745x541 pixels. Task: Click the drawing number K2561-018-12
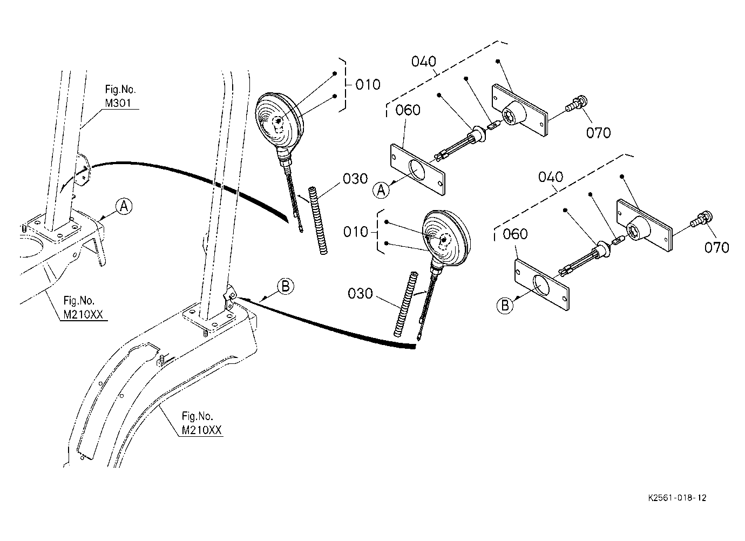[x=677, y=498]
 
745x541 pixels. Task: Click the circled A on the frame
[x=124, y=206]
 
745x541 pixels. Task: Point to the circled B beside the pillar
[x=286, y=287]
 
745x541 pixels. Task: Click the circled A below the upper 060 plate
[x=381, y=190]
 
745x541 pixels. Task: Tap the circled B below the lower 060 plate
[x=505, y=305]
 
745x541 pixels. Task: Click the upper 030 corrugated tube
[x=319, y=221]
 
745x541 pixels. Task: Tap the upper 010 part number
[x=368, y=85]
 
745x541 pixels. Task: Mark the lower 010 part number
[x=356, y=232]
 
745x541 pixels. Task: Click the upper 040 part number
[x=424, y=62]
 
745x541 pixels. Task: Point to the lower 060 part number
[x=515, y=234]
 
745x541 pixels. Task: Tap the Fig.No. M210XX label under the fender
[x=201, y=423]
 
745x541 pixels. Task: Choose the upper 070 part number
[x=598, y=133]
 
